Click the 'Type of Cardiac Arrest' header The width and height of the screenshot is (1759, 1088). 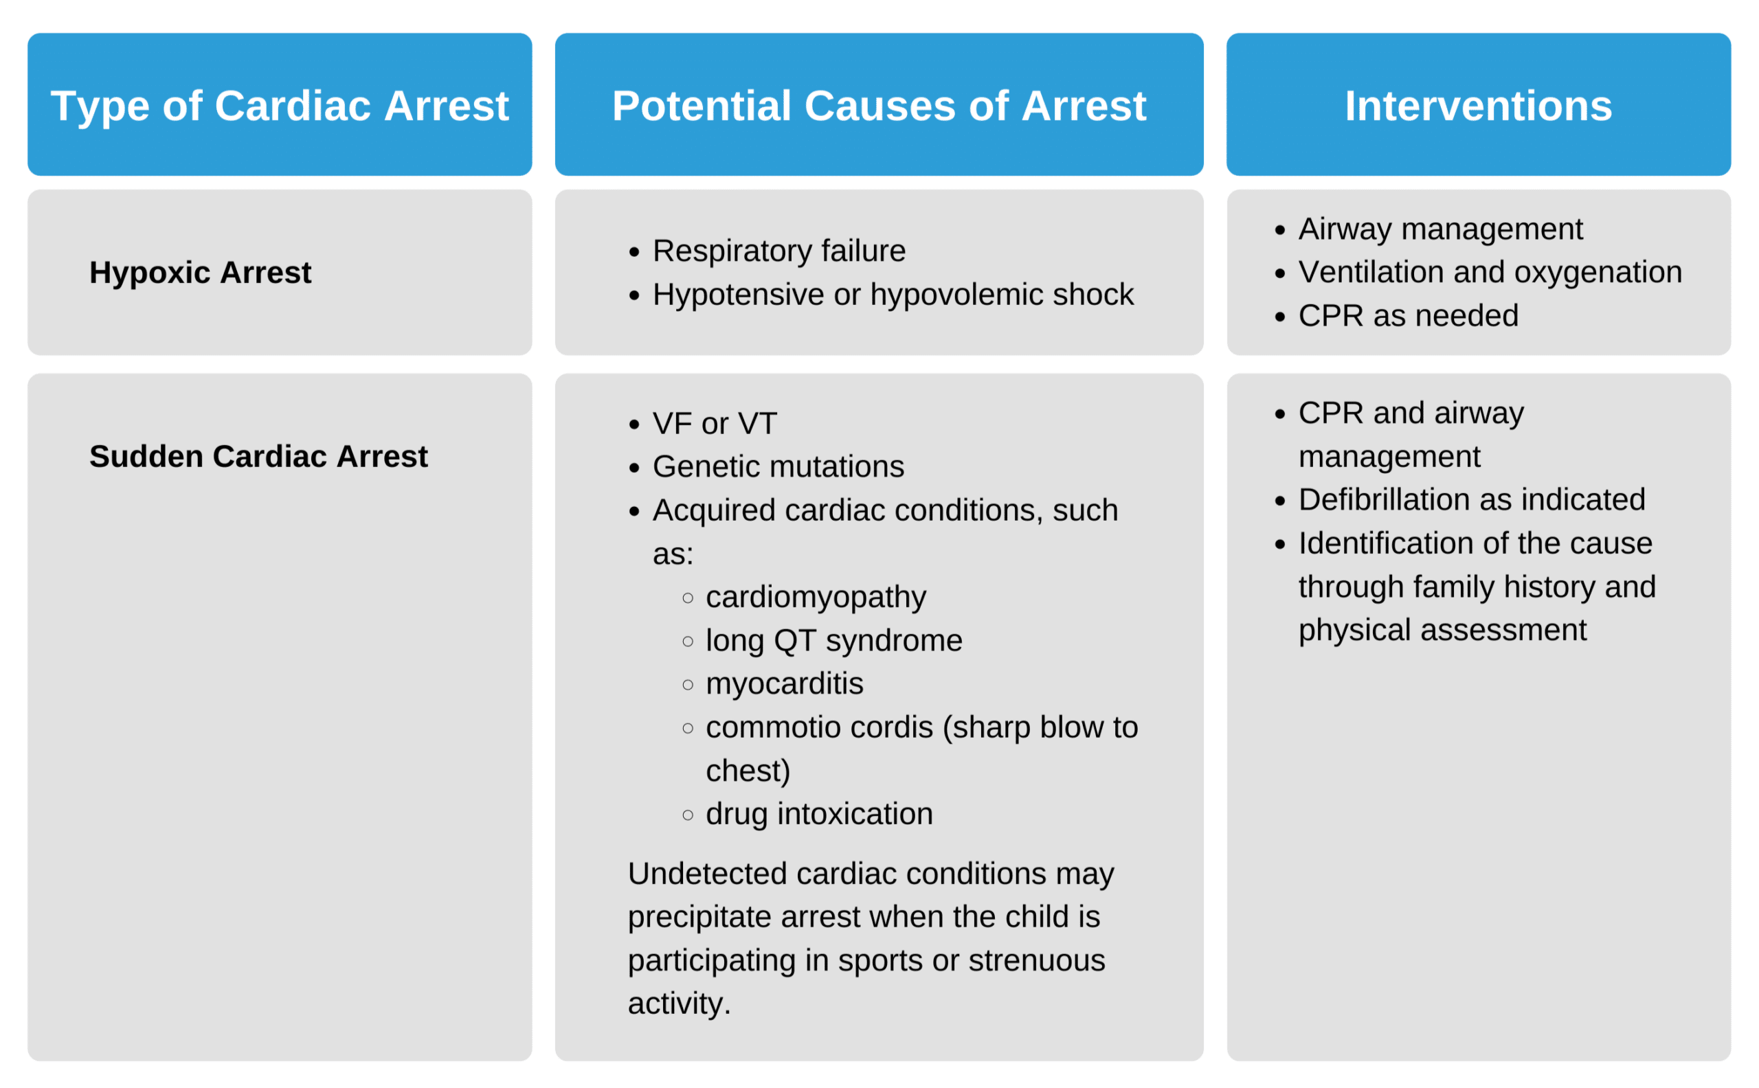pos(279,106)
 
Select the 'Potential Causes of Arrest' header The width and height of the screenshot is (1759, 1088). pos(878,106)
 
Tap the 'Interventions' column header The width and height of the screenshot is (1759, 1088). pos(1477,106)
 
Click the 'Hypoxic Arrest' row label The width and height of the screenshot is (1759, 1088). pos(200,273)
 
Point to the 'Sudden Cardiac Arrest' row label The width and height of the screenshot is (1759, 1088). pos(258,456)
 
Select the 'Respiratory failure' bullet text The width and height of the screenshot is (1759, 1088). pos(778,251)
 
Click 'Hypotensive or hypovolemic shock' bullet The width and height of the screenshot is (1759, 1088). pos(893,294)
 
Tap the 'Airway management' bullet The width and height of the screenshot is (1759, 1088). pos(1439,229)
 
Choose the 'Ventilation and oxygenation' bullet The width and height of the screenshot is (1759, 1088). pos(1489,272)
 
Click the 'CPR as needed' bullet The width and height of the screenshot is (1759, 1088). pos(1408,316)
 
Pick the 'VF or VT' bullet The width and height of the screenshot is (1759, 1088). pos(714,423)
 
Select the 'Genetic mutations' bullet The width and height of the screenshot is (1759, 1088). pos(778,466)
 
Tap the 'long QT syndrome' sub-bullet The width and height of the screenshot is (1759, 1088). pos(833,640)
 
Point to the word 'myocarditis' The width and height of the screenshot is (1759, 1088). pos(784,683)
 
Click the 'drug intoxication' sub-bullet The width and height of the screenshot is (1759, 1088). pos(819,814)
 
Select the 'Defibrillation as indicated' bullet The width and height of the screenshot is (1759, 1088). pos(1471,499)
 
